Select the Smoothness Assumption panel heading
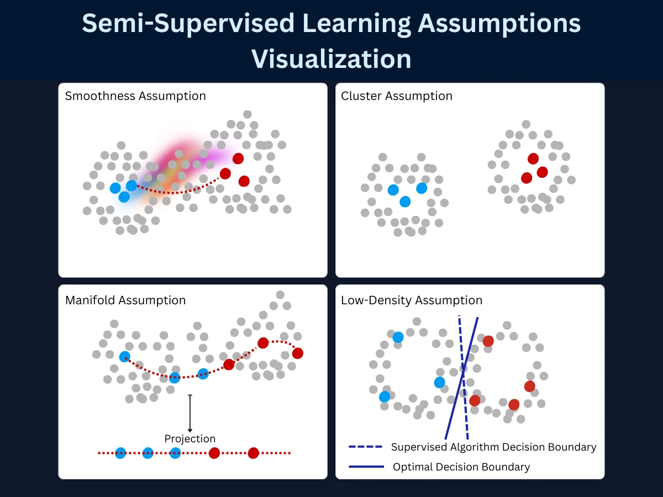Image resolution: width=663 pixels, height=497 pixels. pyautogui.click(x=135, y=96)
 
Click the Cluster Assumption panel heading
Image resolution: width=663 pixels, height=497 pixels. pyautogui.click(x=397, y=96)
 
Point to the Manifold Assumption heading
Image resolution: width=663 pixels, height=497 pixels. pyautogui.click(x=125, y=300)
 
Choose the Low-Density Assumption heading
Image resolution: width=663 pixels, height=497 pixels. pyautogui.click(x=412, y=300)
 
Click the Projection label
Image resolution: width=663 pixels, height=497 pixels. pyautogui.click(x=190, y=439)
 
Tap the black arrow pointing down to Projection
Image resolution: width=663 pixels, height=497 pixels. pyautogui.click(x=190, y=414)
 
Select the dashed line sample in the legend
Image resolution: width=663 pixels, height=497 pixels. pyautogui.click(x=366, y=447)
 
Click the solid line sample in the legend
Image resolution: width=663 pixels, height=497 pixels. pyautogui.click(x=366, y=467)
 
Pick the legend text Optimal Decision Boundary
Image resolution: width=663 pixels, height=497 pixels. pyautogui.click(x=461, y=467)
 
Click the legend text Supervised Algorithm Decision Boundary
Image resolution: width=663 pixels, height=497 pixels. pyautogui.click(x=494, y=447)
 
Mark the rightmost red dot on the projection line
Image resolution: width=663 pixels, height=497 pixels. pyautogui.click(x=253, y=453)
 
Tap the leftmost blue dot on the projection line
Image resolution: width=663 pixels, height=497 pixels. pyautogui.click(x=120, y=453)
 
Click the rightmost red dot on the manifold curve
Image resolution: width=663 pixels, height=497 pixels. pyautogui.click(x=298, y=353)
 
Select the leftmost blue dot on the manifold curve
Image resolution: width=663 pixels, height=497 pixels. pyautogui.click(x=125, y=357)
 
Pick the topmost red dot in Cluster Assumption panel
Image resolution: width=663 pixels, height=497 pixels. pyautogui.click(x=533, y=159)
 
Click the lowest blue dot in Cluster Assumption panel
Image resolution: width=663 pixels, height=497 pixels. pyautogui.click(x=405, y=202)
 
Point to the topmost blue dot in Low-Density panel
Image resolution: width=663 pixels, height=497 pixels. pyautogui.click(x=398, y=337)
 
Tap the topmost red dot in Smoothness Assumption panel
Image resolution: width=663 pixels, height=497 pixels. pyautogui.click(x=238, y=158)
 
